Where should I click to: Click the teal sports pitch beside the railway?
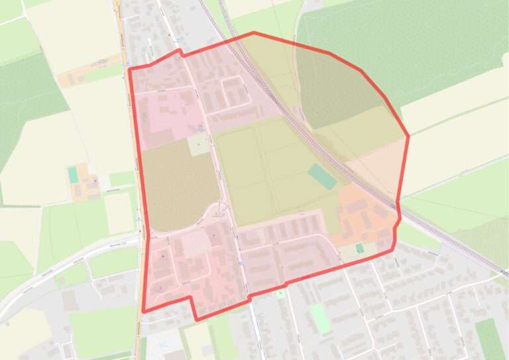[x=322, y=177]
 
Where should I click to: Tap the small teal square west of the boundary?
[x=72, y=175]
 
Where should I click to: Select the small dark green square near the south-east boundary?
[x=359, y=248]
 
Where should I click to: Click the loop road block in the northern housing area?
[x=236, y=93]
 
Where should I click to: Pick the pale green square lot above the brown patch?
[x=198, y=144]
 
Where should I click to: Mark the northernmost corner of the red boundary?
[x=253, y=32]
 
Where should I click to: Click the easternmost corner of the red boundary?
[x=408, y=137]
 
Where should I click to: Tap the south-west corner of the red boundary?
[x=143, y=310]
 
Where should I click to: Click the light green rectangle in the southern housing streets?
[x=321, y=319]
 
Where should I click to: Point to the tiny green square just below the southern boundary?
[x=281, y=292]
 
